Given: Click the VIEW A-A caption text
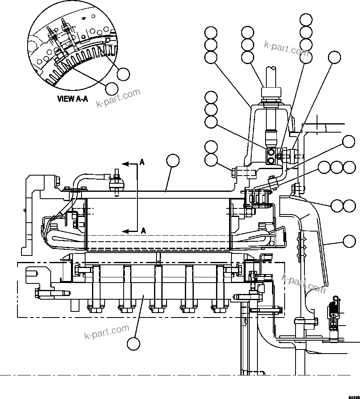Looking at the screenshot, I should pos(73,99).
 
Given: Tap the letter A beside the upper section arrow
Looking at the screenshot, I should pos(142,163).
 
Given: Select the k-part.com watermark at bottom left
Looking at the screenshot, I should pos(107,331).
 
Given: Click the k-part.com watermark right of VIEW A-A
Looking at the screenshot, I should pos(118,97).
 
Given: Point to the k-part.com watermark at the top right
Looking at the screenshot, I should pos(286,48).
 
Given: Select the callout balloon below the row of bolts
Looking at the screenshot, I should pos(133,343).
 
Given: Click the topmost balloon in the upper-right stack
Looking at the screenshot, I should pos(306,19).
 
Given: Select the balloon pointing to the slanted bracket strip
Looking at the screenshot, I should pos(349,242).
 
